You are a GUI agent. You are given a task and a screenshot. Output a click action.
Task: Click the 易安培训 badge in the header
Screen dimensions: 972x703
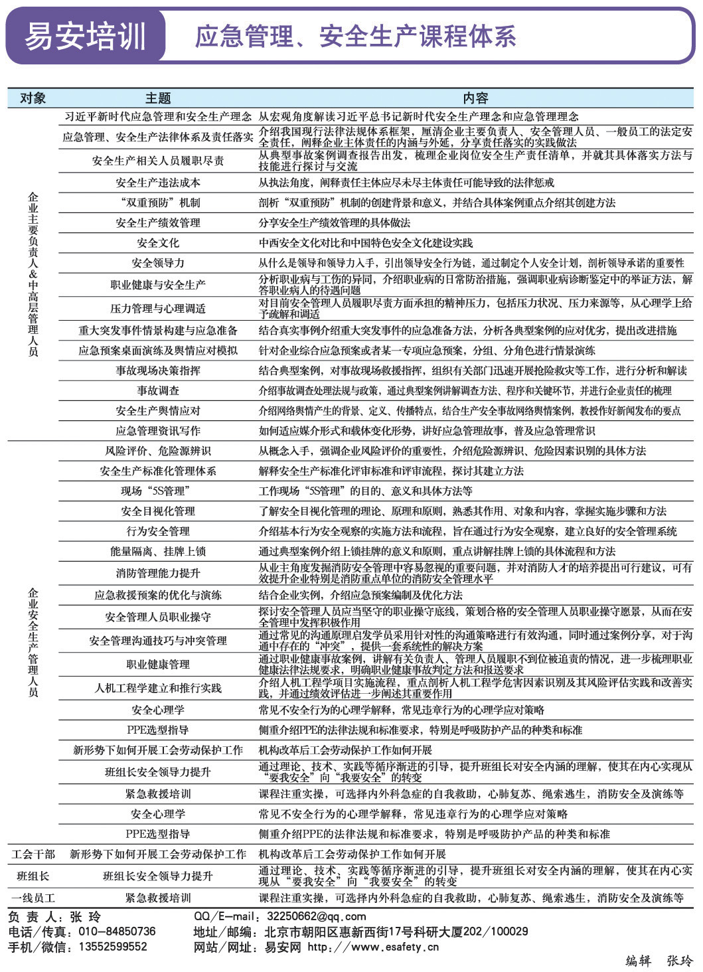tap(85, 36)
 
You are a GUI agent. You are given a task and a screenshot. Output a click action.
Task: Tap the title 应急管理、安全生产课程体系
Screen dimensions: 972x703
tap(355, 37)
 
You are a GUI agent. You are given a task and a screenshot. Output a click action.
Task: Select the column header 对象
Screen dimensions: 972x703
tap(33, 98)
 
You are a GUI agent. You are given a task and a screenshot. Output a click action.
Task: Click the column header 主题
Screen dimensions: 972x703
tap(158, 98)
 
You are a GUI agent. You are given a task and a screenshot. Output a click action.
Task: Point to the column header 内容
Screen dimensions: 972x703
tap(475, 98)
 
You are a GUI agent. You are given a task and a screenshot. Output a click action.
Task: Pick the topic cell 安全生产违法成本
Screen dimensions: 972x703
tap(158, 183)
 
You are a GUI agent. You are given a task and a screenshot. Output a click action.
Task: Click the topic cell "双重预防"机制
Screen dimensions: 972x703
tap(158, 202)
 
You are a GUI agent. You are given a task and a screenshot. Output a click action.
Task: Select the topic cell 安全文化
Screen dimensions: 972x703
tap(158, 243)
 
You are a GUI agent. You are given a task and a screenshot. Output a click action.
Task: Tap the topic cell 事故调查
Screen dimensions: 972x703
tap(158, 390)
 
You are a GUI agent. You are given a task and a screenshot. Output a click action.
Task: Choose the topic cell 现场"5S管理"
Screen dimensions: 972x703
tap(158, 491)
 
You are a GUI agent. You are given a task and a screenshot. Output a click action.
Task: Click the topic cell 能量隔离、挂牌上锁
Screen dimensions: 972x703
tap(158, 551)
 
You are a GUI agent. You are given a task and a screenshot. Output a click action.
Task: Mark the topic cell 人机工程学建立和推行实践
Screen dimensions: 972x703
tap(158, 688)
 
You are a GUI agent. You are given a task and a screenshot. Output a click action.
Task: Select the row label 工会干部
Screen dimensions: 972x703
tap(33, 854)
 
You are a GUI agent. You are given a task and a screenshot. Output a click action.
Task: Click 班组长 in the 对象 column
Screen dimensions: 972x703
tap(33, 876)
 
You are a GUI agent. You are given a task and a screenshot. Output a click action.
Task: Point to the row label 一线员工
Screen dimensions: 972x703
tap(33, 898)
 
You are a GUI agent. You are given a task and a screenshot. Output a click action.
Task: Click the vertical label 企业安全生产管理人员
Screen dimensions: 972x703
tap(33, 642)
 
